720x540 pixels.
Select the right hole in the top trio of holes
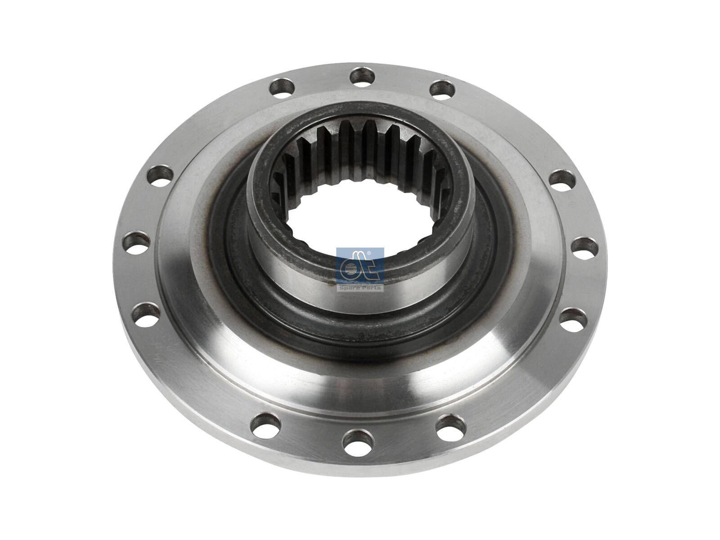[x=443, y=88]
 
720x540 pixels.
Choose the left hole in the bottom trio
[x=266, y=424]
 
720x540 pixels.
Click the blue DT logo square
[x=360, y=266]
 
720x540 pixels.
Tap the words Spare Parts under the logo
[x=360, y=288]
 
